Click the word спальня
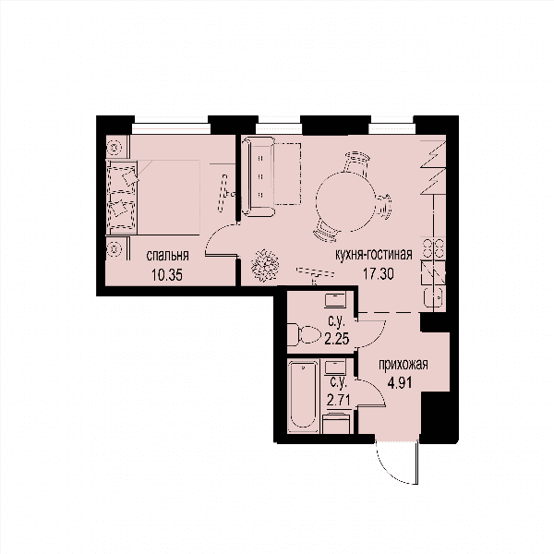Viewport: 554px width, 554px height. (167, 256)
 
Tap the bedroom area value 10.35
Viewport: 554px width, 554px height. (167, 275)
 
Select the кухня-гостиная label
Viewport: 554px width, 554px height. (374, 254)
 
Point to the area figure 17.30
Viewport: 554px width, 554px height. (379, 274)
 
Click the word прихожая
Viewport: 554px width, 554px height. (403, 365)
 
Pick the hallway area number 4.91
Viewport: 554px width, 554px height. (400, 382)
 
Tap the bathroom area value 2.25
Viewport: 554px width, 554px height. (337, 339)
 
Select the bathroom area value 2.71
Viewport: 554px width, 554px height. (339, 401)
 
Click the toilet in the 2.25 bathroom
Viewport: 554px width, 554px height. (304, 335)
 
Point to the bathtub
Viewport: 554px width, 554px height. (303, 396)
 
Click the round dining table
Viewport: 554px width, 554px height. (345, 201)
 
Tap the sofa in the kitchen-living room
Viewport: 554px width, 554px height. (259, 176)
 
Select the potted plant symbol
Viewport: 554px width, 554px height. (265, 266)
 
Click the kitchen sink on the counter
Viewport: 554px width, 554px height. (434, 296)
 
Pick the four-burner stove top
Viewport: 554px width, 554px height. (434, 248)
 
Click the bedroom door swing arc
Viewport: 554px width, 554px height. (215, 234)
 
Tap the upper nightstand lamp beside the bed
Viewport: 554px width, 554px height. (114, 147)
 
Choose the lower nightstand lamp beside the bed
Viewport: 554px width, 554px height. (114, 248)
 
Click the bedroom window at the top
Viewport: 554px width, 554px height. (171, 128)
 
